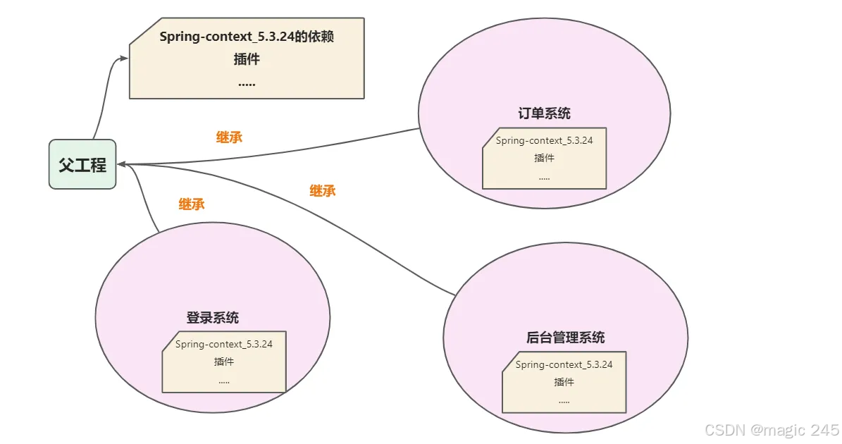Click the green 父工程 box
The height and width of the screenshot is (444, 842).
[82, 165]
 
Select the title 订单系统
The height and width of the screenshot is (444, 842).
[544, 113]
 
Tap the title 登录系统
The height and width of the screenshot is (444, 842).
[212, 318]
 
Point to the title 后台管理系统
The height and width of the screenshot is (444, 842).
[565, 338]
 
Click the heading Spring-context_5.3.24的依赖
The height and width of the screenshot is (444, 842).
[247, 37]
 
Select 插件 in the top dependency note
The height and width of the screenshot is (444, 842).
[247, 59]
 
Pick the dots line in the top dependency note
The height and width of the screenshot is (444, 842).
[247, 83]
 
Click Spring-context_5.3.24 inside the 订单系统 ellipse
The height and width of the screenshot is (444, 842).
[544, 140]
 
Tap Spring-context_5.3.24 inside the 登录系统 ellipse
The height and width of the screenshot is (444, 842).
[224, 344]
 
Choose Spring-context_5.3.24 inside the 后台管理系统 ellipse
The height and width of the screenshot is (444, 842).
[564, 364]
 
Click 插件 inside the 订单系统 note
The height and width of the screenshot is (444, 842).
[544, 158]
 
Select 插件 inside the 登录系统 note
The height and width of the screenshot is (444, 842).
[224, 362]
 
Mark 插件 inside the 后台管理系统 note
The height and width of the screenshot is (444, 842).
[564, 382]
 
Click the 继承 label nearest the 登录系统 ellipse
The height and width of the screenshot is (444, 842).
[192, 204]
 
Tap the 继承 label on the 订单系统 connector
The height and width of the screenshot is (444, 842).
[229, 137]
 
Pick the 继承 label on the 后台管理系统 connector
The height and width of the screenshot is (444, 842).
[322, 190]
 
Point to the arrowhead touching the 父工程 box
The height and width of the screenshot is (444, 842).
[122, 164]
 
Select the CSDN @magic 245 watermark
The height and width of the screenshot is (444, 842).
[771, 430]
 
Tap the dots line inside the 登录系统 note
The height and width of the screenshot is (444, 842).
[224, 381]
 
